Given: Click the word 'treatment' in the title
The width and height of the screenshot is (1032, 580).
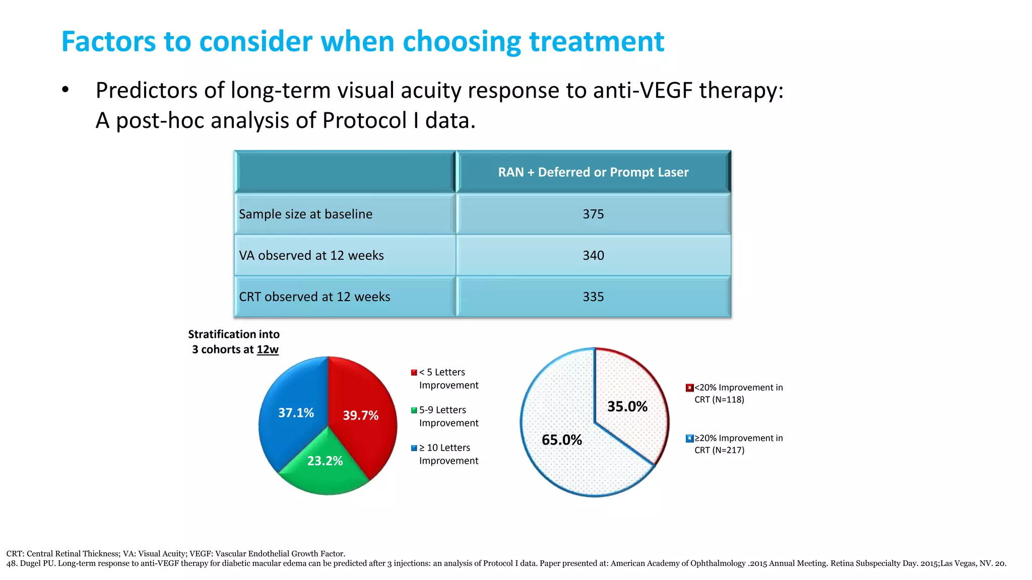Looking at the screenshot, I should click(x=596, y=42).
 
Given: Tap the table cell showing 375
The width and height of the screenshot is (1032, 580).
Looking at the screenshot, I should click(x=593, y=214).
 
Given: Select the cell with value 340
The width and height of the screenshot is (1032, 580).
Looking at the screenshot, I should click(x=593, y=255).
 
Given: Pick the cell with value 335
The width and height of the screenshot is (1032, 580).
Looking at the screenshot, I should click(x=593, y=297).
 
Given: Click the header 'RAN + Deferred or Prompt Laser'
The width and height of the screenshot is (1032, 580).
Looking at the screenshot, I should click(x=593, y=172).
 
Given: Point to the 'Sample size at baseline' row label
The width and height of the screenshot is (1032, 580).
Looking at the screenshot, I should click(x=305, y=214).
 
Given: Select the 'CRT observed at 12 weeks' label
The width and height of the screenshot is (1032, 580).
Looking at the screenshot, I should click(x=314, y=297).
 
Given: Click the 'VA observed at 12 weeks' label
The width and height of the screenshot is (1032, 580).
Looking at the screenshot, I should click(x=311, y=255).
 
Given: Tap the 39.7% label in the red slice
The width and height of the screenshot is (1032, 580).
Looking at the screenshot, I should click(x=360, y=415).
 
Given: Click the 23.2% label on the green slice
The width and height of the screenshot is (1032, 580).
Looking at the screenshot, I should click(x=325, y=461).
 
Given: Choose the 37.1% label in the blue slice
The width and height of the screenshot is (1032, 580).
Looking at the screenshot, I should click(x=296, y=413).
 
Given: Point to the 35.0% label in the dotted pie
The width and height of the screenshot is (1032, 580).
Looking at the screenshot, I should click(x=627, y=406).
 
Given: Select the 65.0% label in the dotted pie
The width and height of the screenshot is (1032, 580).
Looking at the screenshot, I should click(x=561, y=440).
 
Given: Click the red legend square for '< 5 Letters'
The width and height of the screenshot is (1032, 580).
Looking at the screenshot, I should click(x=414, y=373).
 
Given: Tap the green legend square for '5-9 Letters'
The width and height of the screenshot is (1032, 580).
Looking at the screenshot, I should click(x=414, y=410).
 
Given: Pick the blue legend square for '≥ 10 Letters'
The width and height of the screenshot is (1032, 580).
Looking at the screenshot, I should click(x=414, y=448).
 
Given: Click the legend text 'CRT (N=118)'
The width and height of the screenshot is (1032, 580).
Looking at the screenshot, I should click(x=719, y=400).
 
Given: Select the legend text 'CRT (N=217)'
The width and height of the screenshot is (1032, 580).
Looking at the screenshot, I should click(x=719, y=450).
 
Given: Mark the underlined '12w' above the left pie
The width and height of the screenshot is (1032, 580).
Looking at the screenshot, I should click(x=268, y=349).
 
